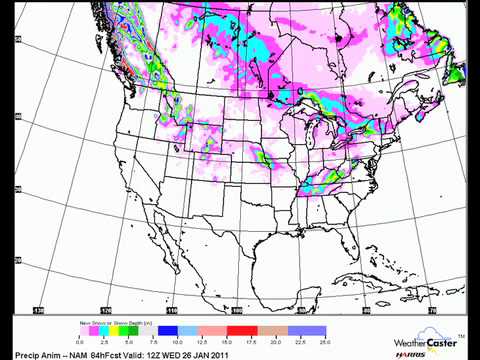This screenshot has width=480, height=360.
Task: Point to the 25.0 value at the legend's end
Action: coord(323,341)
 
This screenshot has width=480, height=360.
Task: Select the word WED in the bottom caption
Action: coord(177,353)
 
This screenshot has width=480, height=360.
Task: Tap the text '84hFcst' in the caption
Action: coord(84,353)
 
